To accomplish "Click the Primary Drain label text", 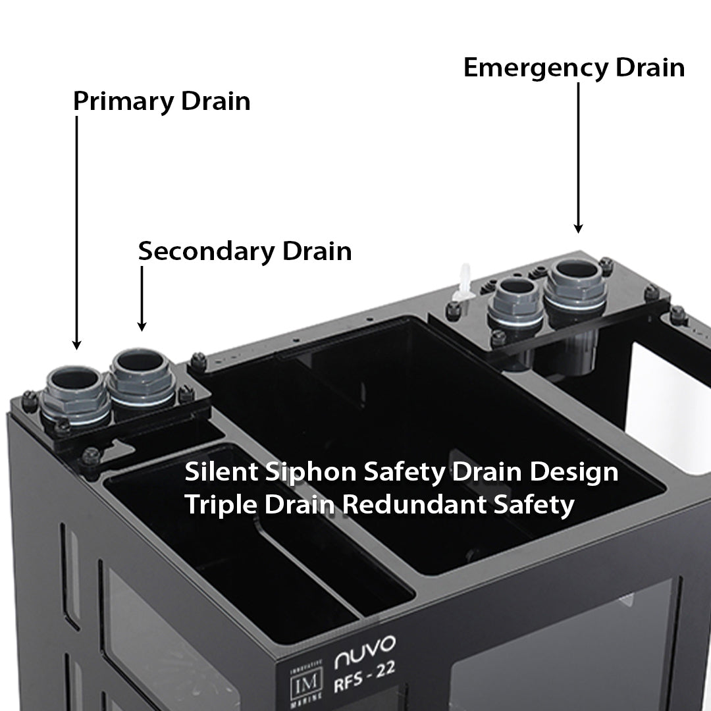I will pyautogui.click(x=161, y=101).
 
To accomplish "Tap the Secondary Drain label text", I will pyautogui.click(x=244, y=251).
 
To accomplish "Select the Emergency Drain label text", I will pyautogui.click(x=574, y=67).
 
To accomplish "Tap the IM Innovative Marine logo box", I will pyautogui.click(x=308, y=677).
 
